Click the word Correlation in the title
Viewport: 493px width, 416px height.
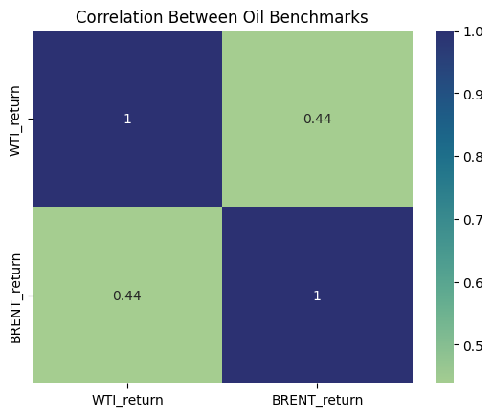tap(119, 17)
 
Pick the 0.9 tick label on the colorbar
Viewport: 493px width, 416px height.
tap(473, 95)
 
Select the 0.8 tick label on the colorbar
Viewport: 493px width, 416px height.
tap(473, 157)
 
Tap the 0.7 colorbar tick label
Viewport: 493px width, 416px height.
tap(473, 220)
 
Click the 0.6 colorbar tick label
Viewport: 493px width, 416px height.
tap(473, 282)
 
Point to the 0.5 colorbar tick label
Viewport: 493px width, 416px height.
tap(473, 345)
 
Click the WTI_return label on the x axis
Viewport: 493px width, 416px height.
tap(127, 400)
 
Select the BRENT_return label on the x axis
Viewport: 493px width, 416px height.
tap(317, 400)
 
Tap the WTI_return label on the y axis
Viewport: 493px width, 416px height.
tap(15, 120)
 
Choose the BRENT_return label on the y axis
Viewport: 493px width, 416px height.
tap(15, 298)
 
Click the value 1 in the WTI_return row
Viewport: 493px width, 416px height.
tap(127, 119)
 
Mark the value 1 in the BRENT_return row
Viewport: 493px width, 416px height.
tap(317, 296)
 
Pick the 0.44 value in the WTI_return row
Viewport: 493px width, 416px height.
tap(318, 119)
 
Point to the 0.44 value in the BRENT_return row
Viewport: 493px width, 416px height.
tap(127, 296)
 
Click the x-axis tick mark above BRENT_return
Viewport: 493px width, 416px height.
tap(317, 385)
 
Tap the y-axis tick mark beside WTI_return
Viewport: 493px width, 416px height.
tap(31, 119)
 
